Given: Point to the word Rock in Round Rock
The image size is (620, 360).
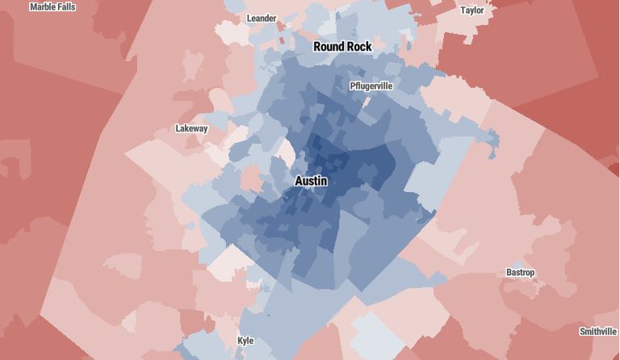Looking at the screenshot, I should point(359,47).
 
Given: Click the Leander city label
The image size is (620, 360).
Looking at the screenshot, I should point(262,19).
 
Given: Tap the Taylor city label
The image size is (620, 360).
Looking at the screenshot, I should point(472,10).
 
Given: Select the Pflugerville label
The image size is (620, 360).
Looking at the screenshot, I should point(371,86).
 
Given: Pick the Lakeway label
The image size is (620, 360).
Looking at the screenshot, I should point(191,128).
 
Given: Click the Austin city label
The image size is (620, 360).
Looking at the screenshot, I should point(311,181).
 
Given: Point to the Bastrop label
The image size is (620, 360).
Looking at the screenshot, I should point(521,273).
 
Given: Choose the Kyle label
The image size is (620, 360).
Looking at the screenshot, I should point(245,341).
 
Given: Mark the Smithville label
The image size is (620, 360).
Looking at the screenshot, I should point(598,332).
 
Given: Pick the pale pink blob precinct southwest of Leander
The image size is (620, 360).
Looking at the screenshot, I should point(194,65).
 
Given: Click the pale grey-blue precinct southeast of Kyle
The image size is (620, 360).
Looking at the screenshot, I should point(375,331).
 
